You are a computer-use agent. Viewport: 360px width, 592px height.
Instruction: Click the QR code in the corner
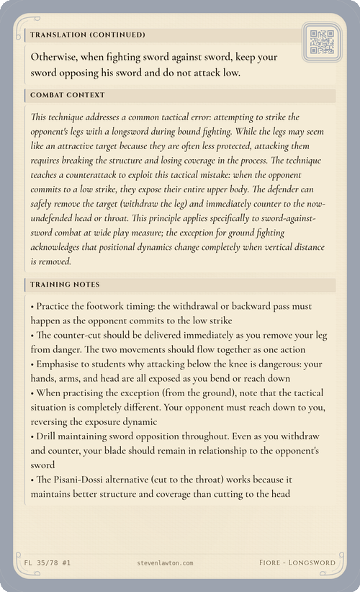[x=320, y=42]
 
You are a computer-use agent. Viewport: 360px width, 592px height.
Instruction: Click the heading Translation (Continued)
[x=88, y=35]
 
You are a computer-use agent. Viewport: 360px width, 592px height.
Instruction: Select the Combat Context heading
[x=68, y=95]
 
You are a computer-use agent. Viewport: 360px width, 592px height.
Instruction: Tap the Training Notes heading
[x=66, y=285]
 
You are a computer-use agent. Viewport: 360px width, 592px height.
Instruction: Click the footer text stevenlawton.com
[x=164, y=562]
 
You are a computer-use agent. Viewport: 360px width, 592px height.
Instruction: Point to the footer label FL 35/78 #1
[x=42, y=562]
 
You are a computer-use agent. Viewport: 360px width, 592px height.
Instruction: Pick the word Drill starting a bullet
[x=49, y=437]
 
